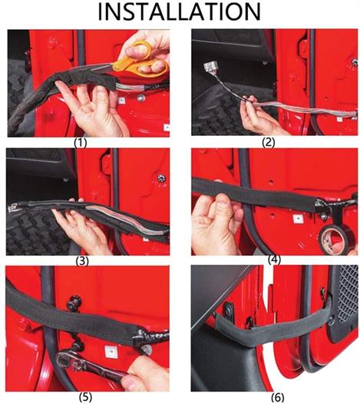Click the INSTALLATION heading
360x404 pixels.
click(x=180, y=12)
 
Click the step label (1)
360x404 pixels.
click(x=81, y=143)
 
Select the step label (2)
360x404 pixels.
click(x=269, y=142)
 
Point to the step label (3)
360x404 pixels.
click(x=82, y=261)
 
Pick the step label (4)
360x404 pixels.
click(x=274, y=260)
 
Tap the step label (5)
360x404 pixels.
click(x=85, y=397)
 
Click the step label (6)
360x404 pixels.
click(x=278, y=397)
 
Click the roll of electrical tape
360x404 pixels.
click(x=332, y=237)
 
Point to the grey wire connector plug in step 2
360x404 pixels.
click(x=210, y=69)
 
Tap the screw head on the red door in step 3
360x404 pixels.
click(x=161, y=177)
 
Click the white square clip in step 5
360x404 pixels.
click(x=111, y=352)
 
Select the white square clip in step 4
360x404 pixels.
click(x=298, y=219)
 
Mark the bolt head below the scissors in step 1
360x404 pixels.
click(x=140, y=98)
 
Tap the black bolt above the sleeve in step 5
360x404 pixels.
click(x=74, y=303)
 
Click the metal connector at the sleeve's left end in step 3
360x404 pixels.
click(x=13, y=207)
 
